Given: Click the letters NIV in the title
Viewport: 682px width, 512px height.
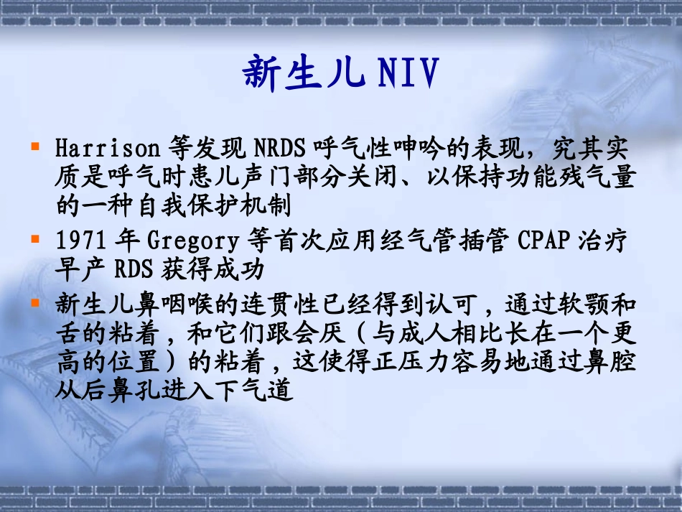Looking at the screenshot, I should (x=406, y=74).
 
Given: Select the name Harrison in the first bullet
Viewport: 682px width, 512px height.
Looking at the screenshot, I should (x=107, y=149).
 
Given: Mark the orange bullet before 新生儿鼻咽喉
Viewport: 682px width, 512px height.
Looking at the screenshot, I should (x=34, y=302).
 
